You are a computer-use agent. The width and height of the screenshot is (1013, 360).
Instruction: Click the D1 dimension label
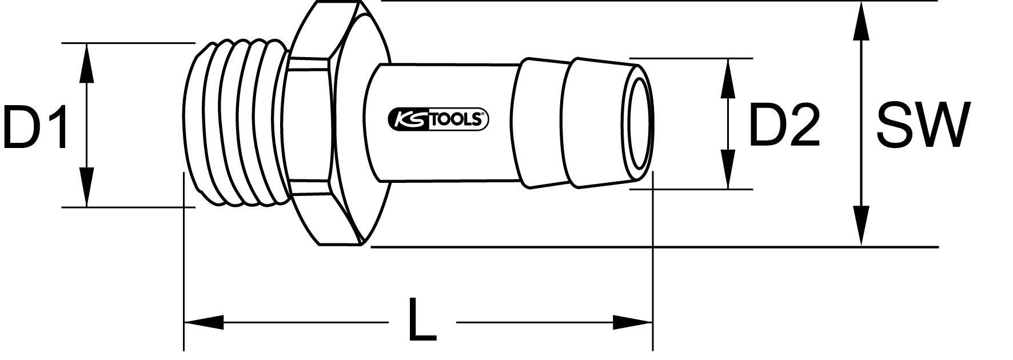tap(36, 127)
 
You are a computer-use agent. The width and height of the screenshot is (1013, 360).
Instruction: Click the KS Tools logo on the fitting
tap(438, 119)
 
